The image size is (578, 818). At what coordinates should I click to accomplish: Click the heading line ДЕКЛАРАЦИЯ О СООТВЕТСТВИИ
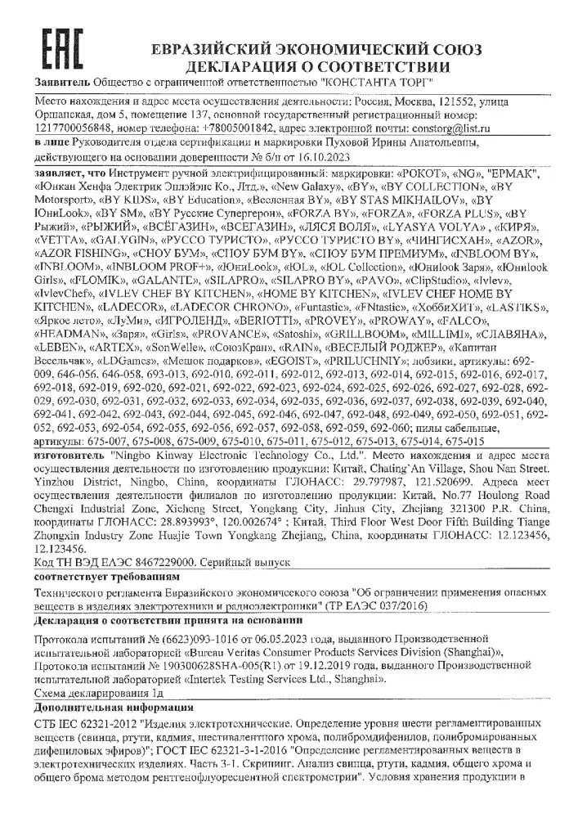pyautogui.click(x=318, y=66)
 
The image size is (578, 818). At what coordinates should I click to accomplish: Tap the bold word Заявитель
pyautogui.click(x=61, y=83)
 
